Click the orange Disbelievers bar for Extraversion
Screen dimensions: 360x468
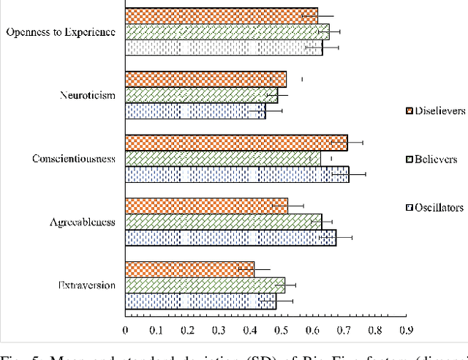pos(189,269)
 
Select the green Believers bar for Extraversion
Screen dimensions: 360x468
pos(205,285)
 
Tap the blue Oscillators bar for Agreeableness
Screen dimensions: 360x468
pos(230,238)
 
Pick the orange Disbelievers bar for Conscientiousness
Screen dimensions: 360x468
pos(235,143)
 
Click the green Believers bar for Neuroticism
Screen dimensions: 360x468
pos(201,95)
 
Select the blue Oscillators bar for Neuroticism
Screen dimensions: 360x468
pos(195,111)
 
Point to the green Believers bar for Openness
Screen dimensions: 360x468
pos(227,31)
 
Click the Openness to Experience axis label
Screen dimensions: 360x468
pos(60,32)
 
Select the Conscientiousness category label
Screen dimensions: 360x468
pos(73,159)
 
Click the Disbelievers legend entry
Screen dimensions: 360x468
pos(436,111)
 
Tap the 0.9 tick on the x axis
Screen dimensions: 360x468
pos(407,331)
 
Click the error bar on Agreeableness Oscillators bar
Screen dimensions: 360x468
pos(336,238)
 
